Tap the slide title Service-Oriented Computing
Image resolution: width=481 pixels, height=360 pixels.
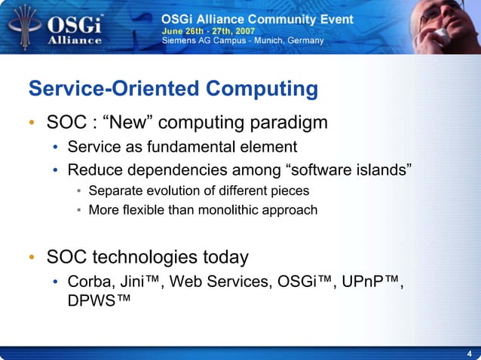click(173, 89)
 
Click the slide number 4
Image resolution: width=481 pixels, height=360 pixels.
click(470, 353)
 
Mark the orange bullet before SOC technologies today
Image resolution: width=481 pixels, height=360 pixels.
click(32, 258)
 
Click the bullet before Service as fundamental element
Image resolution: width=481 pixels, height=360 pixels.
click(56, 147)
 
